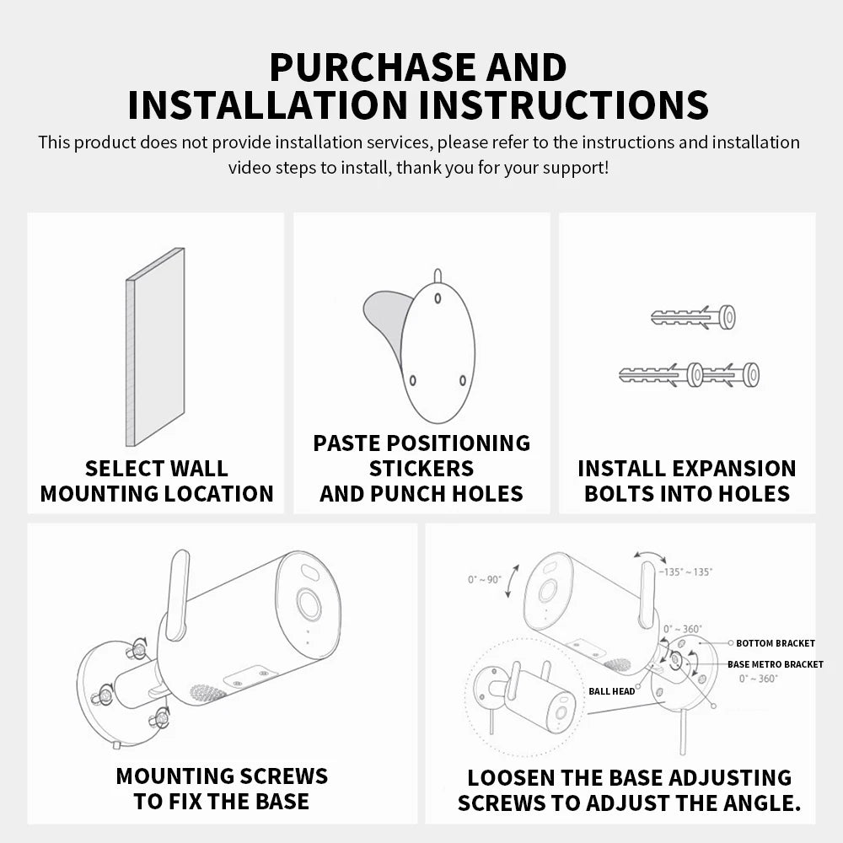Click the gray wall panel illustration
coord(156,346)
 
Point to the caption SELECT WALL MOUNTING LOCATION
coord(157,481)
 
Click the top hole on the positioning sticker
coord(437,296)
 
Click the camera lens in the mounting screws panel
coord(308,605)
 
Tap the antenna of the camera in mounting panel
coord(178,595)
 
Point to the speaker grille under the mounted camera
coord(207,693)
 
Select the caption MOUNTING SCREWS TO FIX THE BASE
coord(222,788)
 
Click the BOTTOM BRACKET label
coord(776,643)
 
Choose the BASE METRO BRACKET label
coord(776,664)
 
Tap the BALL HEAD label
coord(612,692)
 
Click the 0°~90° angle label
coord(485,579)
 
